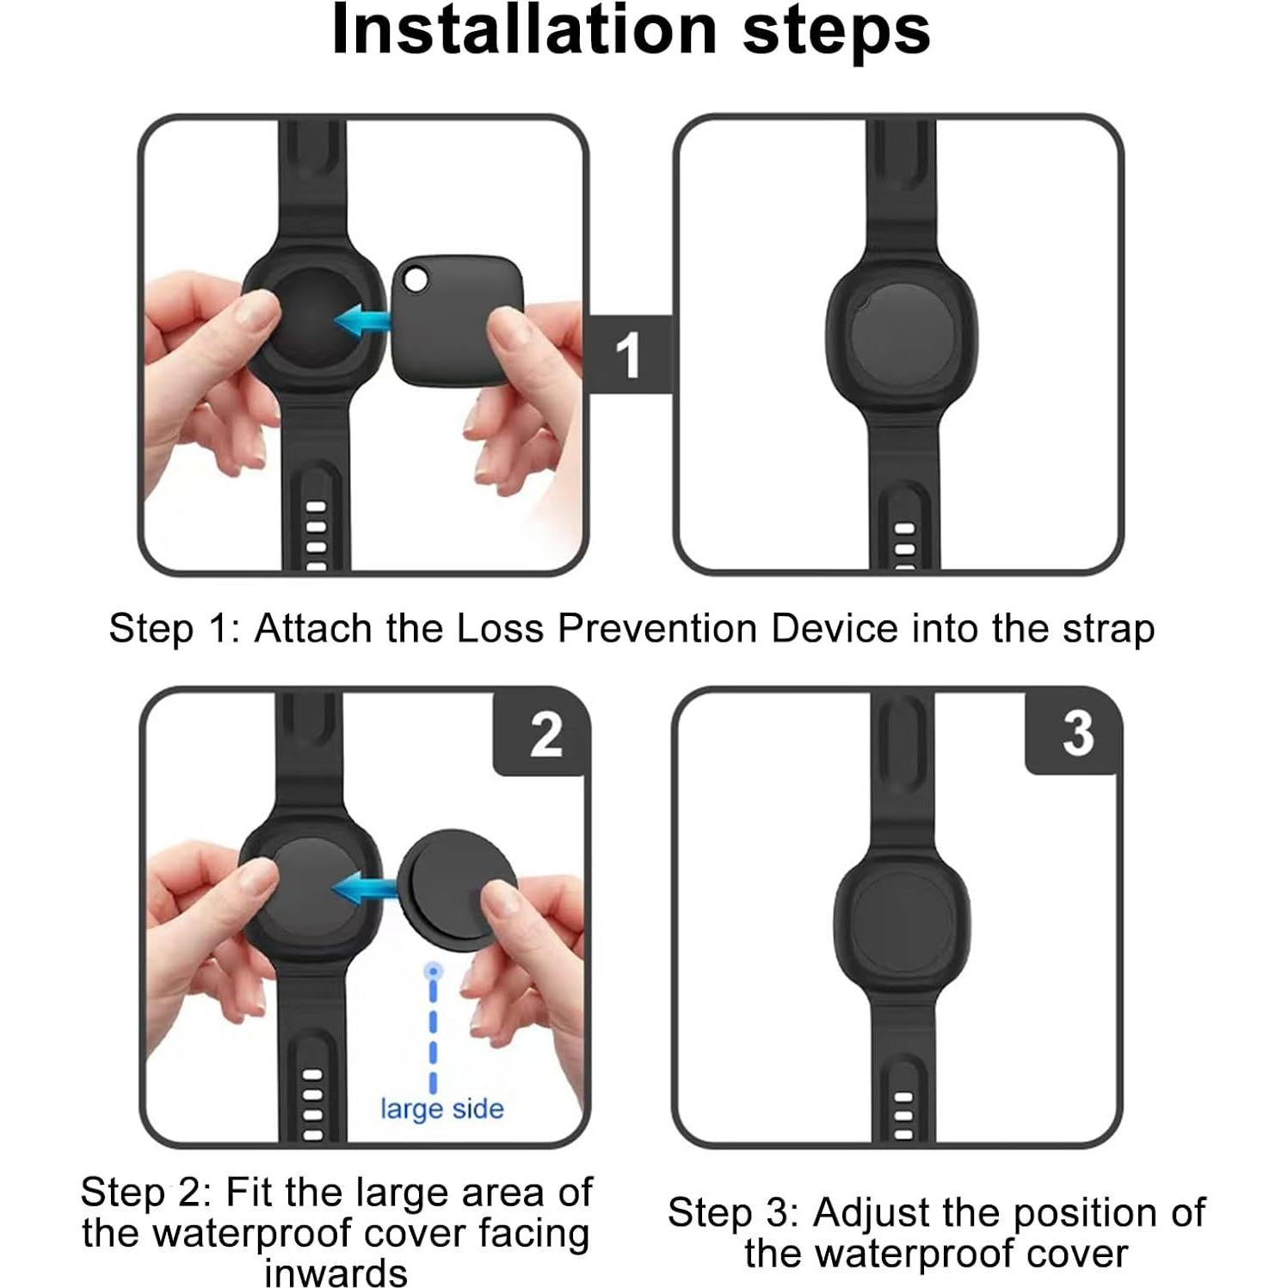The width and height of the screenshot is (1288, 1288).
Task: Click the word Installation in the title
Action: (524, 31)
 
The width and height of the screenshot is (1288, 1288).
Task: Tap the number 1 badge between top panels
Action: (629, 354)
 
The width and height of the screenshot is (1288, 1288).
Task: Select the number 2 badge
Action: (545, 735)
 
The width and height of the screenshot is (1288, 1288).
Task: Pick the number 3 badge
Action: (1077, 733)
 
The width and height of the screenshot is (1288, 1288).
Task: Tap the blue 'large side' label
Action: (442, 1108)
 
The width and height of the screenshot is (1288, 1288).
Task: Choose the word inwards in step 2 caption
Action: (336, 1272)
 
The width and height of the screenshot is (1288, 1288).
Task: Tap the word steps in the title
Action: (835, 31)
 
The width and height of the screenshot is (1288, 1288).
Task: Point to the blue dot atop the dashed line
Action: (434, 971)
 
